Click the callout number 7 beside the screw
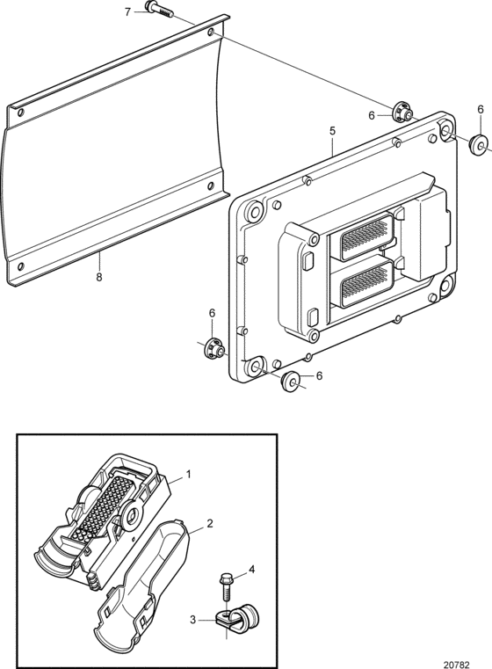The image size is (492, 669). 128,11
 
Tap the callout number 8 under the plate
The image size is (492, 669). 99,277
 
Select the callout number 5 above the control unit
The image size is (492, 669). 333,131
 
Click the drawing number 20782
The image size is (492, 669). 456,665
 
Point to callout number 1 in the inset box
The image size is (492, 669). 188,475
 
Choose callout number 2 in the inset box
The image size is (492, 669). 210,523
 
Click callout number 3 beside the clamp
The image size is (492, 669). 192,620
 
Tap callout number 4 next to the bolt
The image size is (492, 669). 251,569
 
